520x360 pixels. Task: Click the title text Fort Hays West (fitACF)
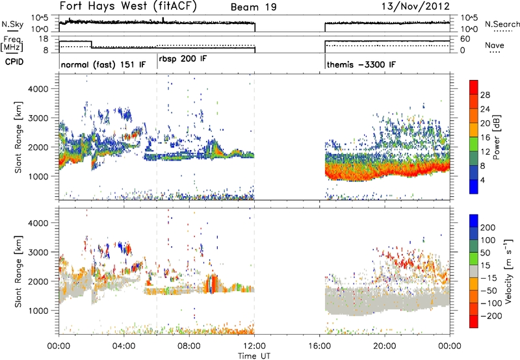[x=128, y=6]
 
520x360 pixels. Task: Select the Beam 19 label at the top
[x=253, y=7]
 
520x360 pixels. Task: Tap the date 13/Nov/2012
[x=415, y=6]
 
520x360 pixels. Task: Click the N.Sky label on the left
[x=12, y=24]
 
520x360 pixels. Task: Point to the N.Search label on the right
[x=502, y=24]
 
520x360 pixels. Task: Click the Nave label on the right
[x=495, y=45]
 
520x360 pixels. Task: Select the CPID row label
[x=14, y=62]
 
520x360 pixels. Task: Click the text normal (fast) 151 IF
[x=103, y=64]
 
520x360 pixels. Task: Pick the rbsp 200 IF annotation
[x=183, y=59]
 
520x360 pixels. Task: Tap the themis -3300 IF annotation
[x=361, y=64]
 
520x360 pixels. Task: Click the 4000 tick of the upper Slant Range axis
[x=38, y=89]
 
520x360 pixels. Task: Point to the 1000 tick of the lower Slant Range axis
[x=38, y=311]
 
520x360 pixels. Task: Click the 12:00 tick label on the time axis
[x=254, y=346]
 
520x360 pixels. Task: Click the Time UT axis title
[x=254, y=356]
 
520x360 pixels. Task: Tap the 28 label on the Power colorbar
[x=485, y=95]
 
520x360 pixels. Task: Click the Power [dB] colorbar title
[x=496, y=137]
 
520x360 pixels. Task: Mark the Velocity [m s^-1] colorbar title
[x=508, y=271]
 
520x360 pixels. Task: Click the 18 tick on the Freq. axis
[x=43, y=39]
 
